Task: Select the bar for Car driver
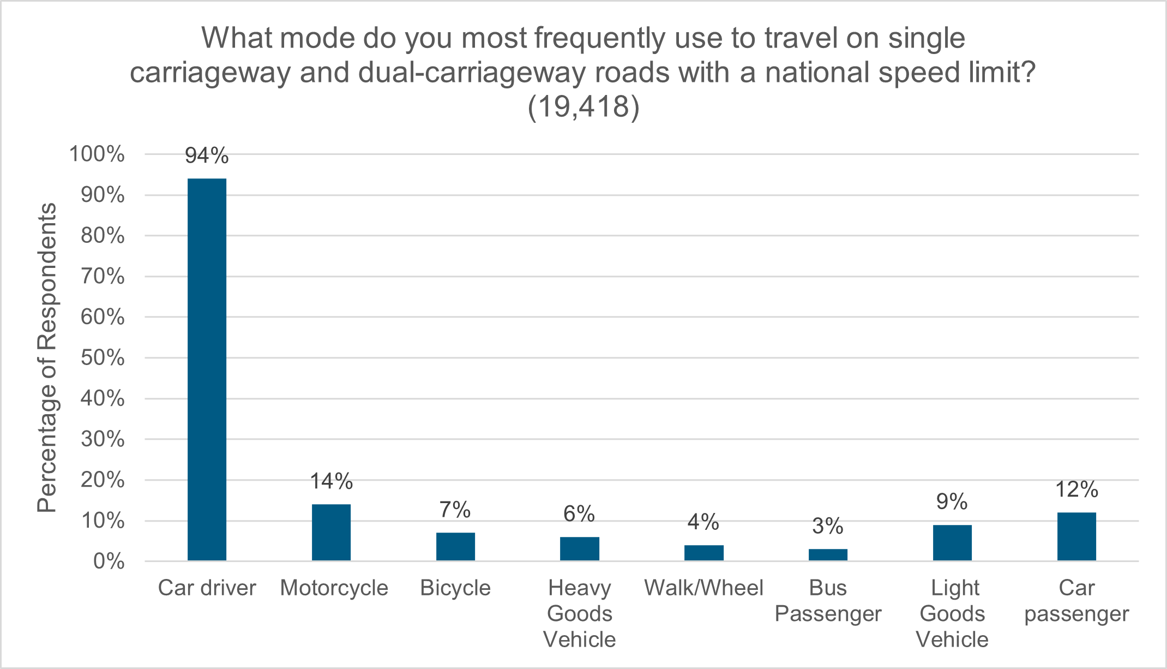pyautogui.click(x=207, y=369)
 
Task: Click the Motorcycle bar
pyautogui.click(x=331, y=532)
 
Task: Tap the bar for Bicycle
pyautogui.click(x=455, y=546)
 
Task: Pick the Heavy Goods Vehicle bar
pyautogui.click(x=579, y=548)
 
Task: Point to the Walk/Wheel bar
pyautogui.click(x=703, y=553)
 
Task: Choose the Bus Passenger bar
pyautogui.click(x=828, y=554)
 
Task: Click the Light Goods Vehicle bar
pyautogui.click(x=952, y=542)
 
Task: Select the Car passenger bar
pyautogui.click(x=1076, y=536)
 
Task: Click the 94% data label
pyautogui.click(x=207, y=156)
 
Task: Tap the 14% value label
pyautogui.click(x=331, y=481)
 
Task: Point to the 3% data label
pyautogui.click(x=828, y=526)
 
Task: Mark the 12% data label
pyautogui.click(x=1076, y=489)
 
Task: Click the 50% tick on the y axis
pyautogui.click(x=103, y=358)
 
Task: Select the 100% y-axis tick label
pyautogui.click(x=97, y=154)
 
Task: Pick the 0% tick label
pyautogui.click(x=109, y=562)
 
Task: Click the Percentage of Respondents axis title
pyautogui.click(x=47, y=358)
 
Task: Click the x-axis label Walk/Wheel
pyautogui.click(x=703, y=588)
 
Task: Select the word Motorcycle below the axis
pyautogui.click(x=334, y=588)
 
